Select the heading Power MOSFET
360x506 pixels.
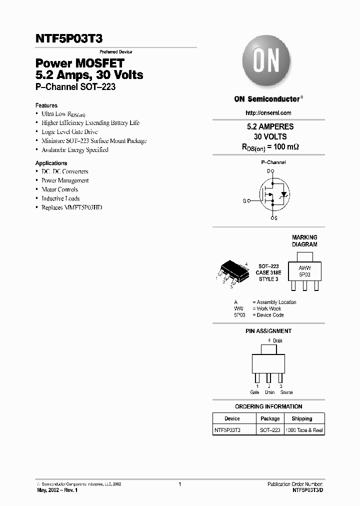tap(79, 63)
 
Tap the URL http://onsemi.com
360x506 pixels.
tap(268, 113)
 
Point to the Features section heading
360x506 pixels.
tap(46, 105)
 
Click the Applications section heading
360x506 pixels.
tap(51, 163)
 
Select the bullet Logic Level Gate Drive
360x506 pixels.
tap(69, 132)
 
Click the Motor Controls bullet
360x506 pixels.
tap(59, 189)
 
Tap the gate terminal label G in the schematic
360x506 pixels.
tap(245, 201)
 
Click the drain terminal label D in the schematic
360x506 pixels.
tap(268, 171)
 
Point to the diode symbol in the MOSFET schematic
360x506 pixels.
tap(284, 194)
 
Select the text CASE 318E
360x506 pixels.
tap(268, 272)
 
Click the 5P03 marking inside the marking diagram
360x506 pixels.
tap(304, 275)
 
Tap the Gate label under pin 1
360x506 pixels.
tap(255, 392)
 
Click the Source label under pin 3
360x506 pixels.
tap(286, 392)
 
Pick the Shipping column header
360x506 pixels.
tap(301, 418)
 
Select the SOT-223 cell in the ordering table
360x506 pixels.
tap(270, 430)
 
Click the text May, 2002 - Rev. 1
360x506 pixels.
tap(57, 490)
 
